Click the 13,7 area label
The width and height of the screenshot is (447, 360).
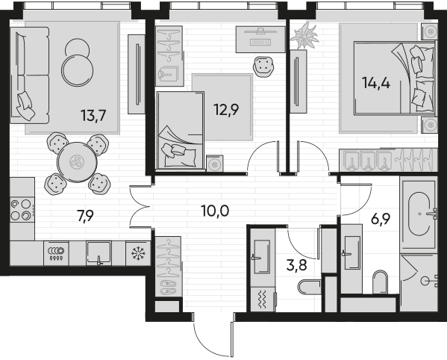click(93, 116)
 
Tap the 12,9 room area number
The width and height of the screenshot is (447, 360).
click(227, 110)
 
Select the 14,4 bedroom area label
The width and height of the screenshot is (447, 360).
click(375, 83)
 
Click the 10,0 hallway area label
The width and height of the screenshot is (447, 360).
click(215, 211)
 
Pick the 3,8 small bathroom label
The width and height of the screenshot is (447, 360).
click(296, 265)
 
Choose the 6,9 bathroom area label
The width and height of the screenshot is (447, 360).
click(381, 219)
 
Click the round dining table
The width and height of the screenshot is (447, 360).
click(77, 163)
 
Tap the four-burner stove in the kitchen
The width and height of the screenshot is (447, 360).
click(21, 210)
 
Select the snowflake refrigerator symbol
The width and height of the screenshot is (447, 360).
click(138, 253)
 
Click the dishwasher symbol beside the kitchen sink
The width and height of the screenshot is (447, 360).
click(56, 253)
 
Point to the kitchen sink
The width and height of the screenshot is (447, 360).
click(99, 253)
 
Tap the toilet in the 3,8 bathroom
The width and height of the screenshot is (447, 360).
click(309, 288)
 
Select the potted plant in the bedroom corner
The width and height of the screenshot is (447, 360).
click(305, 36)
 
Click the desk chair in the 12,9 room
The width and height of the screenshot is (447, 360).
click(263, 67)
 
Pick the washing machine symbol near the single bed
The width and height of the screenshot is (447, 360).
click(215, 164)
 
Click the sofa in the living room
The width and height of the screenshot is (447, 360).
click(29, 75)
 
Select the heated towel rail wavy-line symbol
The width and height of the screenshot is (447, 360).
click(262, 300)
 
